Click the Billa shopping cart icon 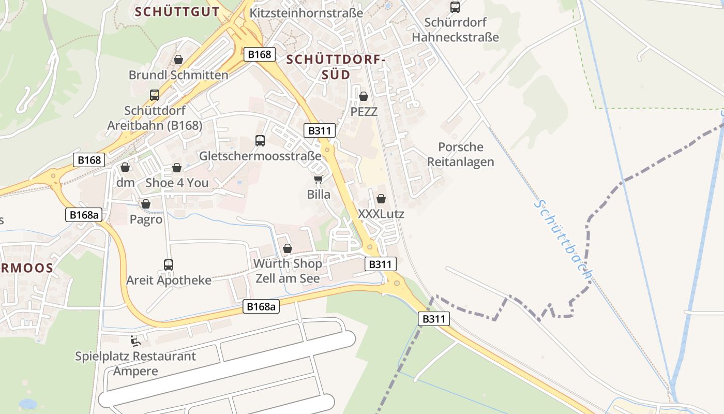coord(318,179)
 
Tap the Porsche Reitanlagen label coord(460,154)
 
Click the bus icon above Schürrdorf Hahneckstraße coord(455,7)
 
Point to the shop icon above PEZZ coord(364,96)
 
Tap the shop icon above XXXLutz coord(381,199)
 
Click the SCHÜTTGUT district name coord(177,12)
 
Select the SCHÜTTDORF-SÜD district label coord(336,67)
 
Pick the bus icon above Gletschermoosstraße coord(260,140)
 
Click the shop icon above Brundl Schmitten coord(178,60)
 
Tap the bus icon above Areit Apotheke coord(169,265)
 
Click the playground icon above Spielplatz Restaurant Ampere coord(135,341)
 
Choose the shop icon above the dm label coord(125,167)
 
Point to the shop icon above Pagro coord(146,204)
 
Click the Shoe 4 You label coord(177,183)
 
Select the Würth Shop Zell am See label coord(288,271)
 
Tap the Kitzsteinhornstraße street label coord(306,13)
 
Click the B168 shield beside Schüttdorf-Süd coord(260,54)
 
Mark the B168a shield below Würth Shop coord(261,306)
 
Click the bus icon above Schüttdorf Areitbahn coord(155,95)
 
